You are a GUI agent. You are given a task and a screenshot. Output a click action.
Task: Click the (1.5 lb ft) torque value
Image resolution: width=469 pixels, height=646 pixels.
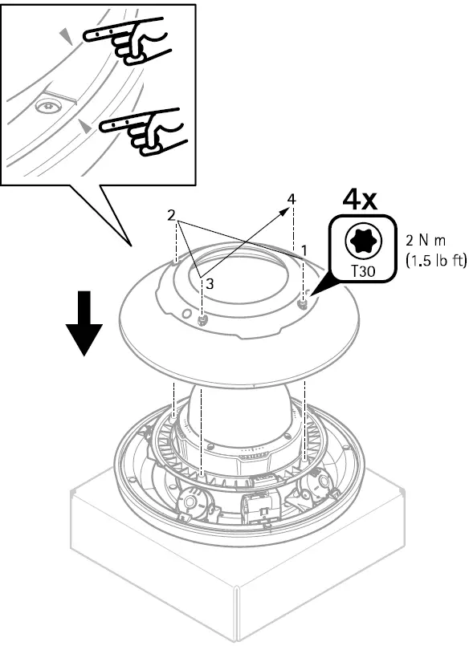coord(434,259)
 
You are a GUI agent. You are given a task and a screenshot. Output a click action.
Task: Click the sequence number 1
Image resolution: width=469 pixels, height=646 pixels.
coord(305,250)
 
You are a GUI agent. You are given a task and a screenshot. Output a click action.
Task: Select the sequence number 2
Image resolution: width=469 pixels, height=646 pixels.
coord(171,216)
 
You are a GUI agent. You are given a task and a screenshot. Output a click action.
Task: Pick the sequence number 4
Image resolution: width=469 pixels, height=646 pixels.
coord(292,197)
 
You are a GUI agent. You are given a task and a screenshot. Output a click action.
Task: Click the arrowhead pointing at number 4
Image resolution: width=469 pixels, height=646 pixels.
coord(286,209)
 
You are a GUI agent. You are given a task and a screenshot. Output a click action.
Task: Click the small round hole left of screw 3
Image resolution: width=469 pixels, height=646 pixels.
coord(186,313)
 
